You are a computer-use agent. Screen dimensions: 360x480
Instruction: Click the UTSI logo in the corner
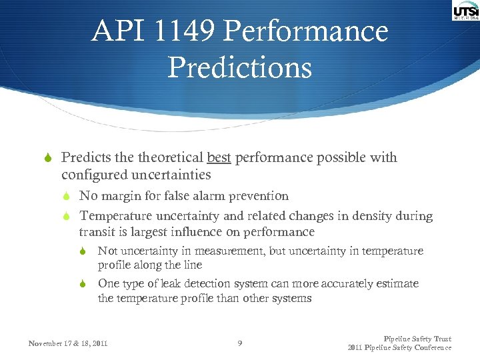465,11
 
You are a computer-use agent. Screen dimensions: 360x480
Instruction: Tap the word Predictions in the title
239,67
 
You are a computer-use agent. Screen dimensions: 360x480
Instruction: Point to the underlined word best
219,158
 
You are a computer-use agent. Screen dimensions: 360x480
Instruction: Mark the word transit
96,232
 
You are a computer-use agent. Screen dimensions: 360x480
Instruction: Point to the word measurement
209,251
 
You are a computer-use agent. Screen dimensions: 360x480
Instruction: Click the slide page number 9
240,343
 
